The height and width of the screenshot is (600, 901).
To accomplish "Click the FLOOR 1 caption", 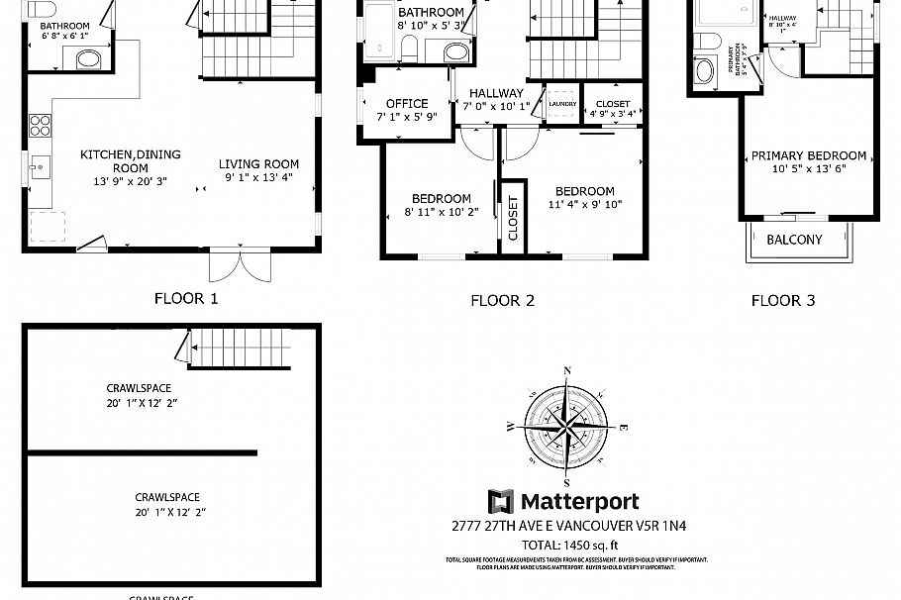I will [x=186, y=298].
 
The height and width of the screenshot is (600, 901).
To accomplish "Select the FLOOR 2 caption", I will [x=502, y=301].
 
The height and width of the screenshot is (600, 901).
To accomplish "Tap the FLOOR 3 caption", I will [x=783, y=300].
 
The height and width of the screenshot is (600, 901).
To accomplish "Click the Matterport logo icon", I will [x=501, y=502].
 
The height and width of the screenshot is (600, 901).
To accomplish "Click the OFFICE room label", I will [x=407, y=104].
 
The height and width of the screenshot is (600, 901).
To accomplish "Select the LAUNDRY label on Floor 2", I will [x=562, y=104].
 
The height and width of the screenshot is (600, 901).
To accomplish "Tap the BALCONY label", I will [x=794, y=240].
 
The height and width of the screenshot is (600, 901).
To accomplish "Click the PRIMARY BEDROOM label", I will [x=809, y=155].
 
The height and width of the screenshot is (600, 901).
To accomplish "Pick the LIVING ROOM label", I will [x=258, y=164].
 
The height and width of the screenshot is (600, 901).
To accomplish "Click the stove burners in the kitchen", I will [x=41, y=125].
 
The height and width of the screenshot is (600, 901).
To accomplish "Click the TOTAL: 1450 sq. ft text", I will [x=569, y=545].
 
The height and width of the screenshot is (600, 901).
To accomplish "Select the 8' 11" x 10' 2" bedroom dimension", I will [x=442, y=212].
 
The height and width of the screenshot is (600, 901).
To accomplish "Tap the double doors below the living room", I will [x=238, y=265].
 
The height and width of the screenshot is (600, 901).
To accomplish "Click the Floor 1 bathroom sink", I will [x=89, y=59].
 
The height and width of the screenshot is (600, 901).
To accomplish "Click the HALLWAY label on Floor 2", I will [x=496, y=93].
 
